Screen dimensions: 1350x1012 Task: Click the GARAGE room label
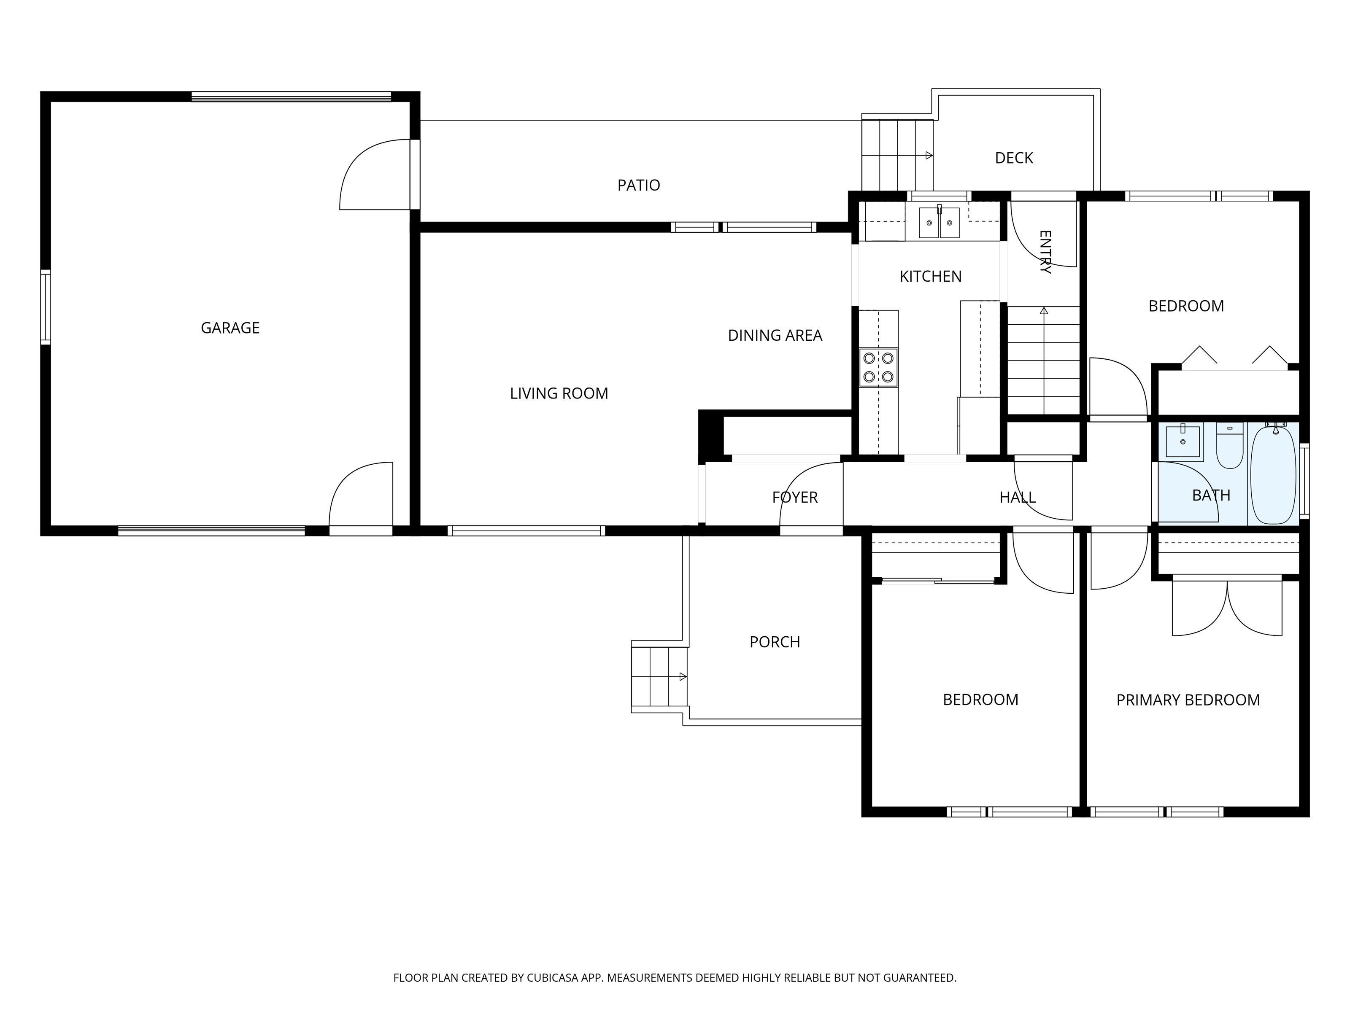230,328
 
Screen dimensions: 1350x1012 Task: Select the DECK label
1014,159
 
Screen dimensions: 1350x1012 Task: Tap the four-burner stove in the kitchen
878,367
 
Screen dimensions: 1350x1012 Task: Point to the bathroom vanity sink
1183,441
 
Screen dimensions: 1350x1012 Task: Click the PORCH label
775,642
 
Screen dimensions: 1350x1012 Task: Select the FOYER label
795,498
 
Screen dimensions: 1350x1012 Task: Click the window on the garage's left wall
46,307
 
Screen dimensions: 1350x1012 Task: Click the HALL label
1018,498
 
